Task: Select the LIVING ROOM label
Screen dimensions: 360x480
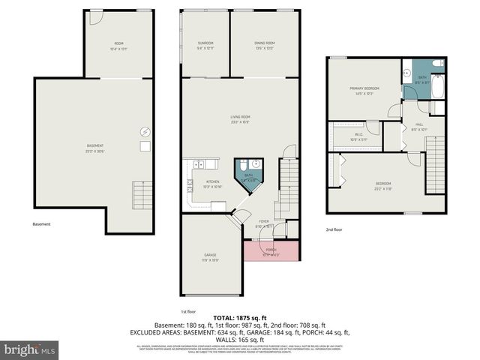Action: click(240, 118)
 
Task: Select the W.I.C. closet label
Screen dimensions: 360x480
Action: click(358, 136)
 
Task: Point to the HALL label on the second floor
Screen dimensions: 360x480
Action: click(418, 127)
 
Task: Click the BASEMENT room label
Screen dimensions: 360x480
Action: click(94, 147)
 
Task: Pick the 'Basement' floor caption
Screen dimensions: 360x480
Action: click(43, 224)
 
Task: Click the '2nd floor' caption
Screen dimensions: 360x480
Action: click(334, 229)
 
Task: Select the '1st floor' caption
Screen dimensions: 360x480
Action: click(188, 310)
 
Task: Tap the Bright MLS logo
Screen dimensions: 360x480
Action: click(29, 349)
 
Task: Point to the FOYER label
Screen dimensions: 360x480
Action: click(264, 222)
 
